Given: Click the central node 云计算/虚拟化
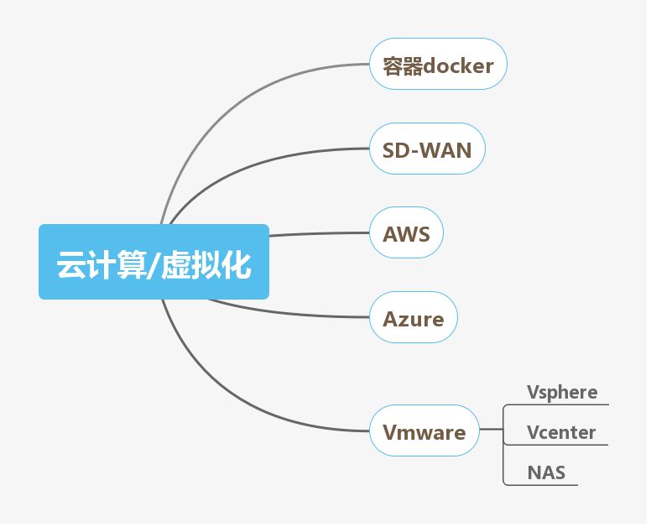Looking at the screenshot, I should pyautogui.click(x=154, y=262).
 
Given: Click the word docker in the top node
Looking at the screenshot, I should pyautogui.click(x=459, y=65).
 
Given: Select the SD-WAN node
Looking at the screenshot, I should pyautogui.click(x=427, y=150).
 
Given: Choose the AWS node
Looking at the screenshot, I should pyautogui.click(x=406, y=234).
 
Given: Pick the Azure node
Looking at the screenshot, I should pyautogui.click(x=414, y=319).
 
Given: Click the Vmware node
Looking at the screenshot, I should pyautogui.click(x=424, y=433).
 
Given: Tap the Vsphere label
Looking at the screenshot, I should pyautogui.click(x=562, y=393).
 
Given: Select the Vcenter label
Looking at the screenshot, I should pyautogui.click(x=561, y=433).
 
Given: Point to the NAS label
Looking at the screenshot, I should pyautogui.click(x=546, y=472).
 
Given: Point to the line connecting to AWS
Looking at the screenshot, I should pyautogui.click(x=319, y=235).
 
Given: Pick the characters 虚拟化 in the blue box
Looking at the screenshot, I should pyautogui.click(x=206, y=263).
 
